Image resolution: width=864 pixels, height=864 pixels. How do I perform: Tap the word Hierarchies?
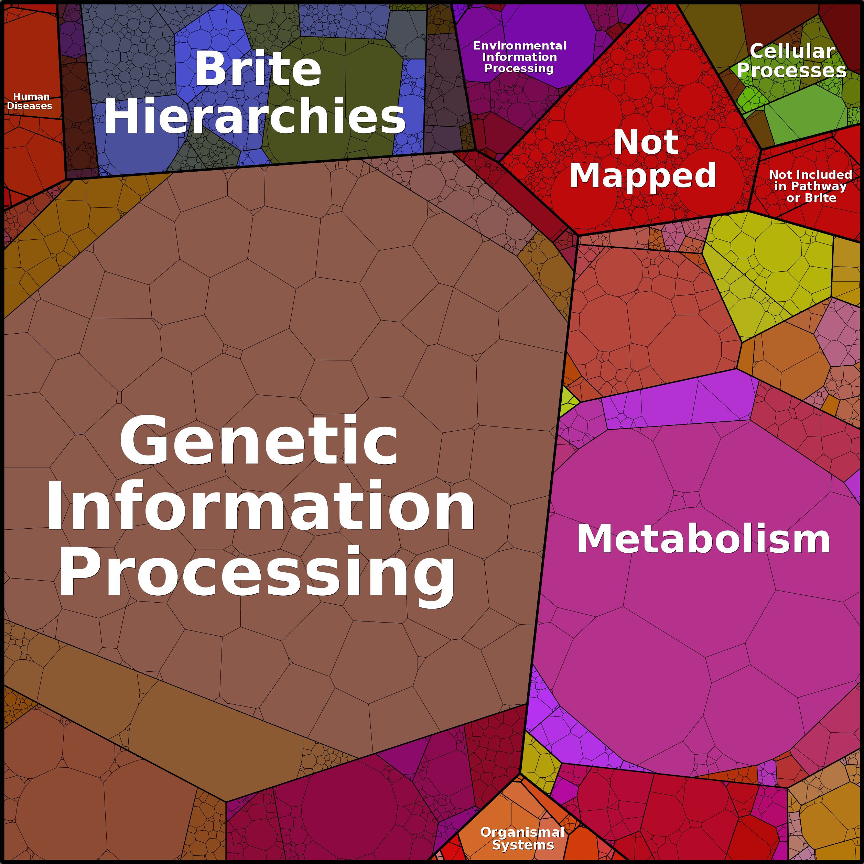[255, 116]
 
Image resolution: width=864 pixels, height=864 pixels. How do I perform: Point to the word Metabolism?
[703, 539]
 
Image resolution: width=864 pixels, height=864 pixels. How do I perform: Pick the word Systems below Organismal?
[523, 845]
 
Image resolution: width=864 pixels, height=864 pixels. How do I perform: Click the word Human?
[31, 97]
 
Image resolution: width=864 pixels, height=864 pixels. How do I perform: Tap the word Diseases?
[30, 106]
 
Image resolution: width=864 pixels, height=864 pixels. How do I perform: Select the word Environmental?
[520, 46]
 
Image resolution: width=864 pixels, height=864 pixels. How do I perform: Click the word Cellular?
[792, 51]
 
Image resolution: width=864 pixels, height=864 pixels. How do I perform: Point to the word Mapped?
[642, 175]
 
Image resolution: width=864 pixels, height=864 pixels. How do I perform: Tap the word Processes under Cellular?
[791, 70]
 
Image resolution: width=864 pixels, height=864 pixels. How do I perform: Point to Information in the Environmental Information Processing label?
[520, 57]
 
